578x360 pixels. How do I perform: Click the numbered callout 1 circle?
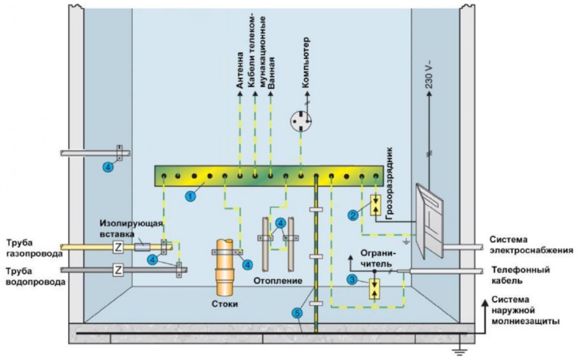click(191, 195)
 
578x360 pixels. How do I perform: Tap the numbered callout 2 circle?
click(353, 214)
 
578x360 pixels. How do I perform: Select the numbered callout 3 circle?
click(352, 280)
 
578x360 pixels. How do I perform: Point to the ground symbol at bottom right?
click(457, 351)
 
